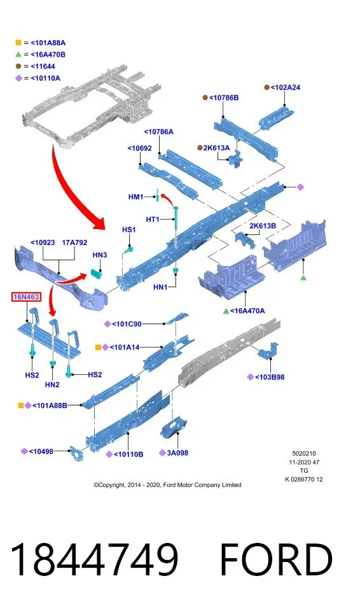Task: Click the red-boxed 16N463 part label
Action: pyautogui.click(x=26, y=297)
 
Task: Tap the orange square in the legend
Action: pyautogui.click(x=18, y=43)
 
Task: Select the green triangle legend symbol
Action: pyautogui.click(x=18, y=55)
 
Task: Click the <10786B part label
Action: pyautogui.click(x=224, y=97)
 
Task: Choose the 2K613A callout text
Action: pyautogui.click(x=217, y=148)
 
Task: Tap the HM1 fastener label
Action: pyautogui.click(x=136, y=197)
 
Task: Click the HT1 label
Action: pyautogui.click(x=153, y=220)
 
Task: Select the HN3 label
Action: pyautogui.click(x=100, y=255)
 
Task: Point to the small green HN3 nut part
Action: pyautogui.click(x=96, y=273)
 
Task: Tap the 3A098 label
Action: pyautogui.click(x=177, y=453)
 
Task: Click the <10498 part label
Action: pyautogui.click(x=41, y=451)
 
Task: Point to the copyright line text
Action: pyautogui.click(x=167, y=485)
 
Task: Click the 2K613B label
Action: pyautogui.click(x=263, y=225)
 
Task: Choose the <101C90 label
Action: pyautogui.click(x=127, y=324)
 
